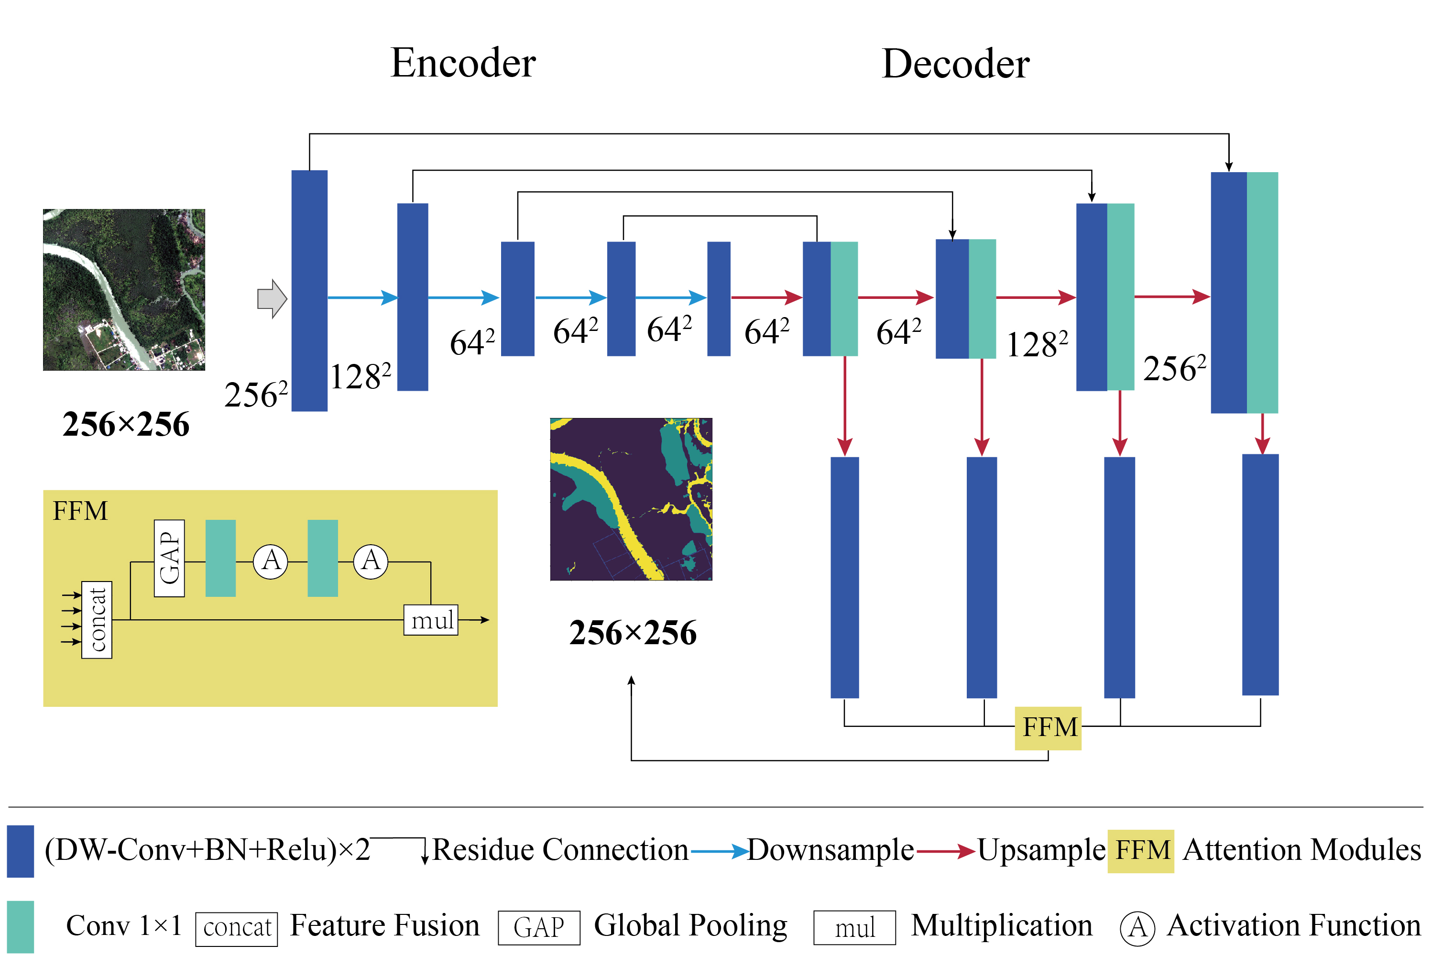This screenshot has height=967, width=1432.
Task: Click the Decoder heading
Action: pyautogui.click(x=955, y=64)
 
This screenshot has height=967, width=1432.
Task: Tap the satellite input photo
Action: pyautogui.click(x=124, y=290)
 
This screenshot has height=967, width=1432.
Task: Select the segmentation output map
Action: pyautogui.click(x=631, y=499)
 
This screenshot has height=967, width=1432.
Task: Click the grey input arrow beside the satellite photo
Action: pyautogui.click(x=272, y=299)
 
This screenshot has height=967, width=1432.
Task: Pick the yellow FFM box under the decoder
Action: pyautogui.click(x=1048, y=728)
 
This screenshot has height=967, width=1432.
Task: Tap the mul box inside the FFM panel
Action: pyautogui.click(x=431, y=620)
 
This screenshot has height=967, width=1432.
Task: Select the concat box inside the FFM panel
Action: pyautogui.click(x=97, y=620)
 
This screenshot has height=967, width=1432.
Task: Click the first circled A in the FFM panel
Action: pyautogui.click(x=271, y=561)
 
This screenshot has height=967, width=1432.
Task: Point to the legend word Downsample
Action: pyautogui.click(x=830, y=850)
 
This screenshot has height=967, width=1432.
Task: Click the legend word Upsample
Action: pyautogui.click(x=1041, y=850)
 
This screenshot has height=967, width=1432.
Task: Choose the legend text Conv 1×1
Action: pyautogui.click(x=124, y=926)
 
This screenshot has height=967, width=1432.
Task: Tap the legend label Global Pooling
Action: pyautogui.click(x=690, y=926)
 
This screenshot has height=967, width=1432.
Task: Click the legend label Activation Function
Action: pyautogui.click(x=1293, y=926)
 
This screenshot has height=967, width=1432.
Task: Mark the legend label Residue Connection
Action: pyautogui.click(x=559, y=850)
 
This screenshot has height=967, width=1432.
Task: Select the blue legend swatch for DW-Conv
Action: pyautogui.click(x=21, y=851)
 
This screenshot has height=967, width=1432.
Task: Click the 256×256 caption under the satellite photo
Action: pyautogui.click(x=126, y=425)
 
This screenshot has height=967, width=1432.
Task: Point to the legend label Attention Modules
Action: pyautogui.click(x=1301, y=850)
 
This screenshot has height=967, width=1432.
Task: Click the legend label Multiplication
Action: pyautogui.click(x=1001, y=926)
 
